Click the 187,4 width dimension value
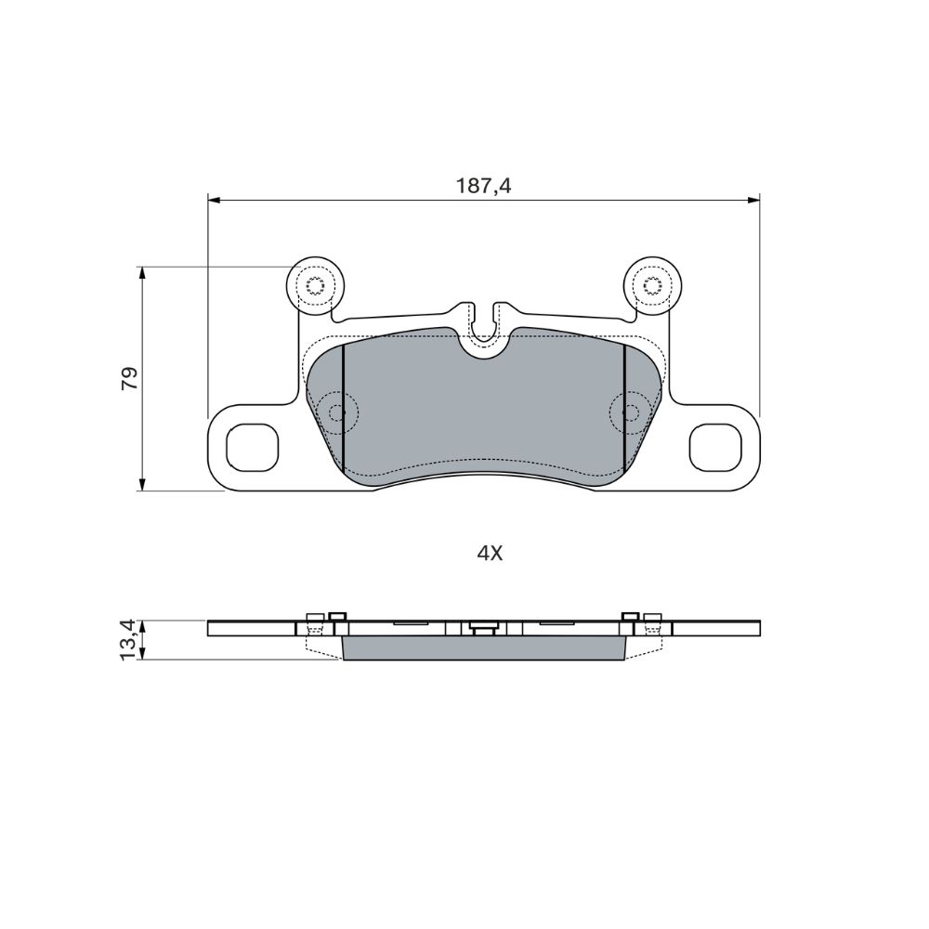[x=483, y=186]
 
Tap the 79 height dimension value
[x=129, y=378]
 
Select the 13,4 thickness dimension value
[x=129, y=640]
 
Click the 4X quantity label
[x=490, y=554]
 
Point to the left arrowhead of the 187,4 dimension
[x=214, y=201]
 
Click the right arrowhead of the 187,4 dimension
[x=753, y=201]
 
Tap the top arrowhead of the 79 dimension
[x=141, y=273]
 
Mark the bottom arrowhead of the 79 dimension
[x=141, y=484]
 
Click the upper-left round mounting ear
[x=314, y=285]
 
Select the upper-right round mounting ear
[x=653, y=285]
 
